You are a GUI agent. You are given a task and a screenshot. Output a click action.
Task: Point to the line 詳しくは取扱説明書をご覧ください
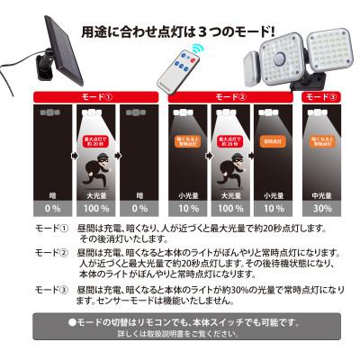180,335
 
